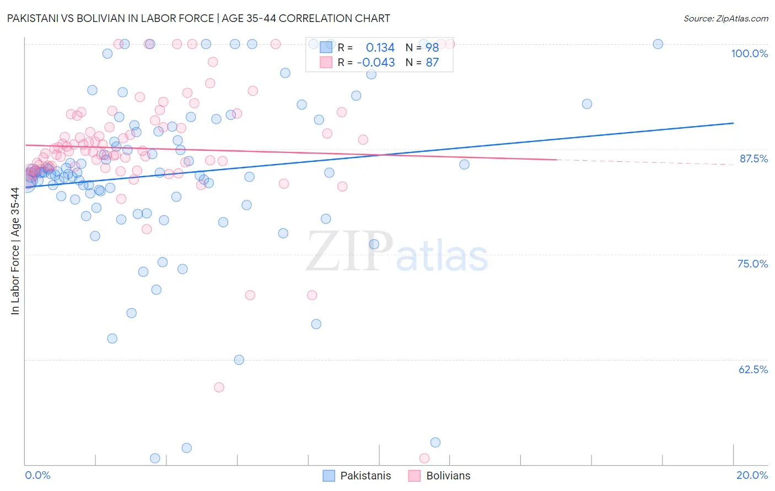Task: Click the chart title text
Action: (199, 18)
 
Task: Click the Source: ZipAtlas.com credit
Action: (725, 18)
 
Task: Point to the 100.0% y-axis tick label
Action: (749, 53)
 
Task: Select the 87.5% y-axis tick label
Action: (753, 159)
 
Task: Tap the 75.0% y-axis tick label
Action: (752, 264)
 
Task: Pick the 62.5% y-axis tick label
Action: (753, 369)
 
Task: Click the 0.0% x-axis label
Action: (37, 475)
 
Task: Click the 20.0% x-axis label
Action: (752, 475)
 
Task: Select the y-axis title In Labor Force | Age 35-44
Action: (15, 251)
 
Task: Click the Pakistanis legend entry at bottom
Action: (365, 476)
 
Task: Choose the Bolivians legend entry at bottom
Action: (448, 476)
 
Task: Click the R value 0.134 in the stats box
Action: (380, 47)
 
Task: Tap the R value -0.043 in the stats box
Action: (376, 62)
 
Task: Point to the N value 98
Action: (432, 47)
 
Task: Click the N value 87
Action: (432, 62)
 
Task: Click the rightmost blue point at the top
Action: (658, 44)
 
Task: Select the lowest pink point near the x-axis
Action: (424, 458)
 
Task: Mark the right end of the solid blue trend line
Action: (733, 123)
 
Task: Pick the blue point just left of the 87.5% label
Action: (464, 164)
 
